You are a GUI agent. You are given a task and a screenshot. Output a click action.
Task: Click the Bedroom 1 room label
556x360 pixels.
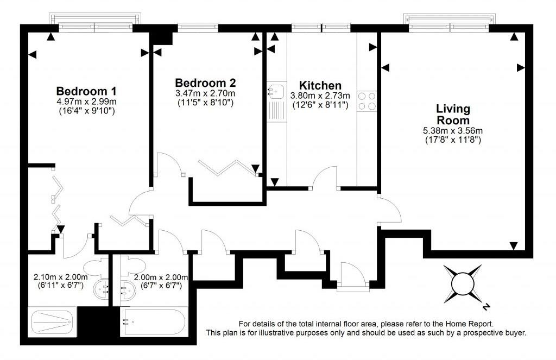click(86, 91)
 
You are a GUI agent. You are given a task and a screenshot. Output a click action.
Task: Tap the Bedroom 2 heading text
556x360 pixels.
click(205, 83)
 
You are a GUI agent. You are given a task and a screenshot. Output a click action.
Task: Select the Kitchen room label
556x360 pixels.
click(320, 85)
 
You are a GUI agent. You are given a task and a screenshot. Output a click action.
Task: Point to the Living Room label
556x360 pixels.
click(453, 115)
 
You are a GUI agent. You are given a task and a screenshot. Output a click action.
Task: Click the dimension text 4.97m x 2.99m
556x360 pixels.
click(87, 101)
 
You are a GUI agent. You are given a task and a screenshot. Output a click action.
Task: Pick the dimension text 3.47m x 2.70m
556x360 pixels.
click(205, 93)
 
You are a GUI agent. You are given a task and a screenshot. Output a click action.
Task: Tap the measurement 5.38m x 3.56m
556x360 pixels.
click(453, 130)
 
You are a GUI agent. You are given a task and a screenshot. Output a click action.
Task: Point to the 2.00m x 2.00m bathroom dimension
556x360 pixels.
click(161, 277)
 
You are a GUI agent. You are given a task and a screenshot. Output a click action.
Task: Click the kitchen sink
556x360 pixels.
click(274, 91)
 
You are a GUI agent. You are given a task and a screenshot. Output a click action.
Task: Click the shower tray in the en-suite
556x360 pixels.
click(52, 323)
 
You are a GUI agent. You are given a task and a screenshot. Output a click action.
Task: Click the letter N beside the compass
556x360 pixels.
click(486, 307)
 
